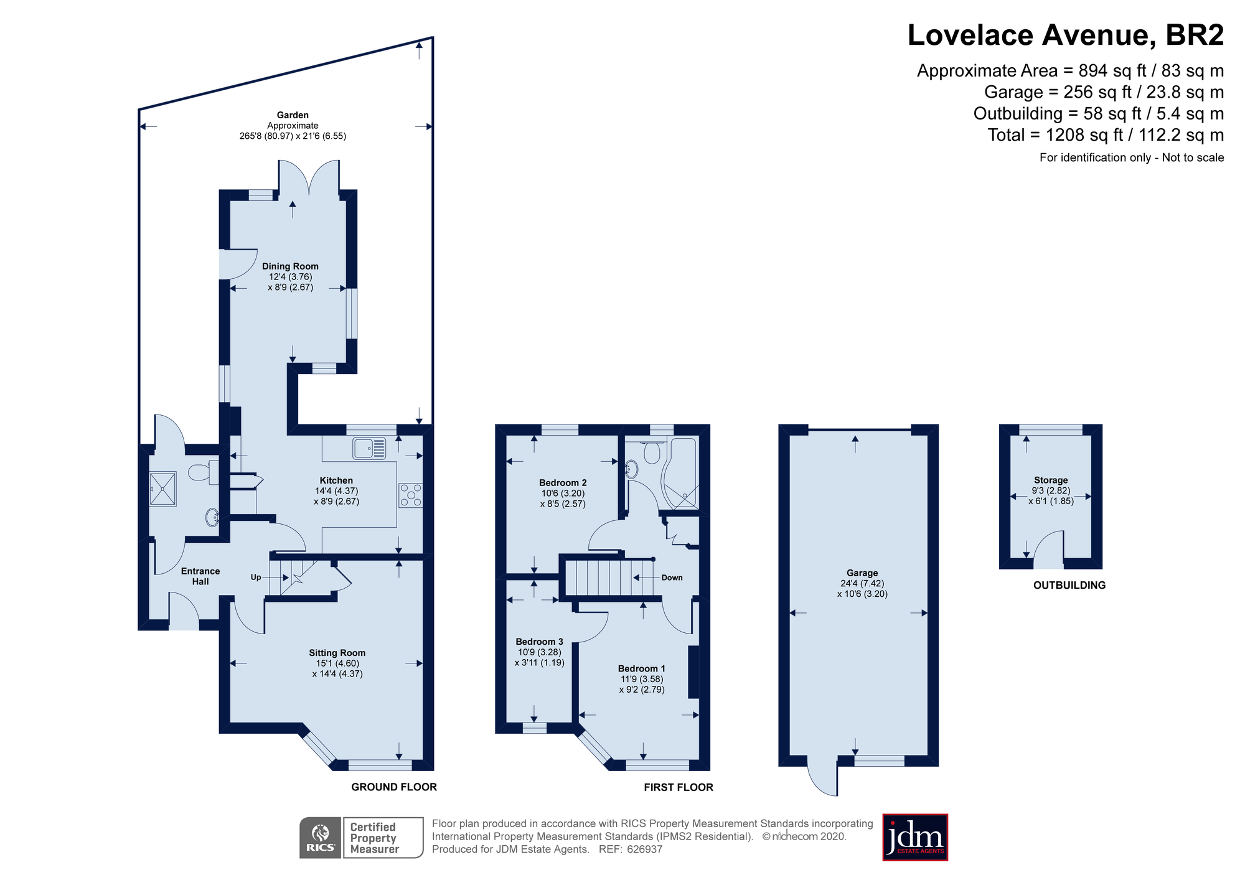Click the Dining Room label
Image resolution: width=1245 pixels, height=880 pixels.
tap(290, 266)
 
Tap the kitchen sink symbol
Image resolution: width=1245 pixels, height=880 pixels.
tap(369, 447)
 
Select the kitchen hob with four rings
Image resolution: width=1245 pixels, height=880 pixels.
tap(410, 495)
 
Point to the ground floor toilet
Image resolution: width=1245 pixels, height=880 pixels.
tap(203, 472)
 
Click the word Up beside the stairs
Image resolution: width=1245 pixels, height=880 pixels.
tap(256, 577)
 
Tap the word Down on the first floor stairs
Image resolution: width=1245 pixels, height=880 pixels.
tap(672, 578)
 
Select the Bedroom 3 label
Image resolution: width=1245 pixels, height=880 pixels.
tap(539, 642)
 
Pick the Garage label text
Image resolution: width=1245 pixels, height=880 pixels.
tap(862, 573)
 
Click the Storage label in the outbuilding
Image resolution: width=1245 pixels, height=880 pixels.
tap(1051, 480)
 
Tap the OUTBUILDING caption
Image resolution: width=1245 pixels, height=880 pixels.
tap(1069, 585)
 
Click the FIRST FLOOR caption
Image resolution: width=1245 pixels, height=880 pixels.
tap(679, 787)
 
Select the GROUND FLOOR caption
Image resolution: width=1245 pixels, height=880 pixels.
tap(394, 787)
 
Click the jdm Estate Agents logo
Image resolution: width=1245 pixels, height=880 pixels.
tap(915, 837)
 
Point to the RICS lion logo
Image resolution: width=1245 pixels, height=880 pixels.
tap(321, 837)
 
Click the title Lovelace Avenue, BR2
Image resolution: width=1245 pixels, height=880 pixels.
tap(1065, 35)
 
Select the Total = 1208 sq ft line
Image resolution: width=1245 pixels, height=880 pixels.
tap(1106, 135)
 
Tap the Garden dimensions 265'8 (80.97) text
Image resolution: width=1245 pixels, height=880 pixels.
tap(293, 136)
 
